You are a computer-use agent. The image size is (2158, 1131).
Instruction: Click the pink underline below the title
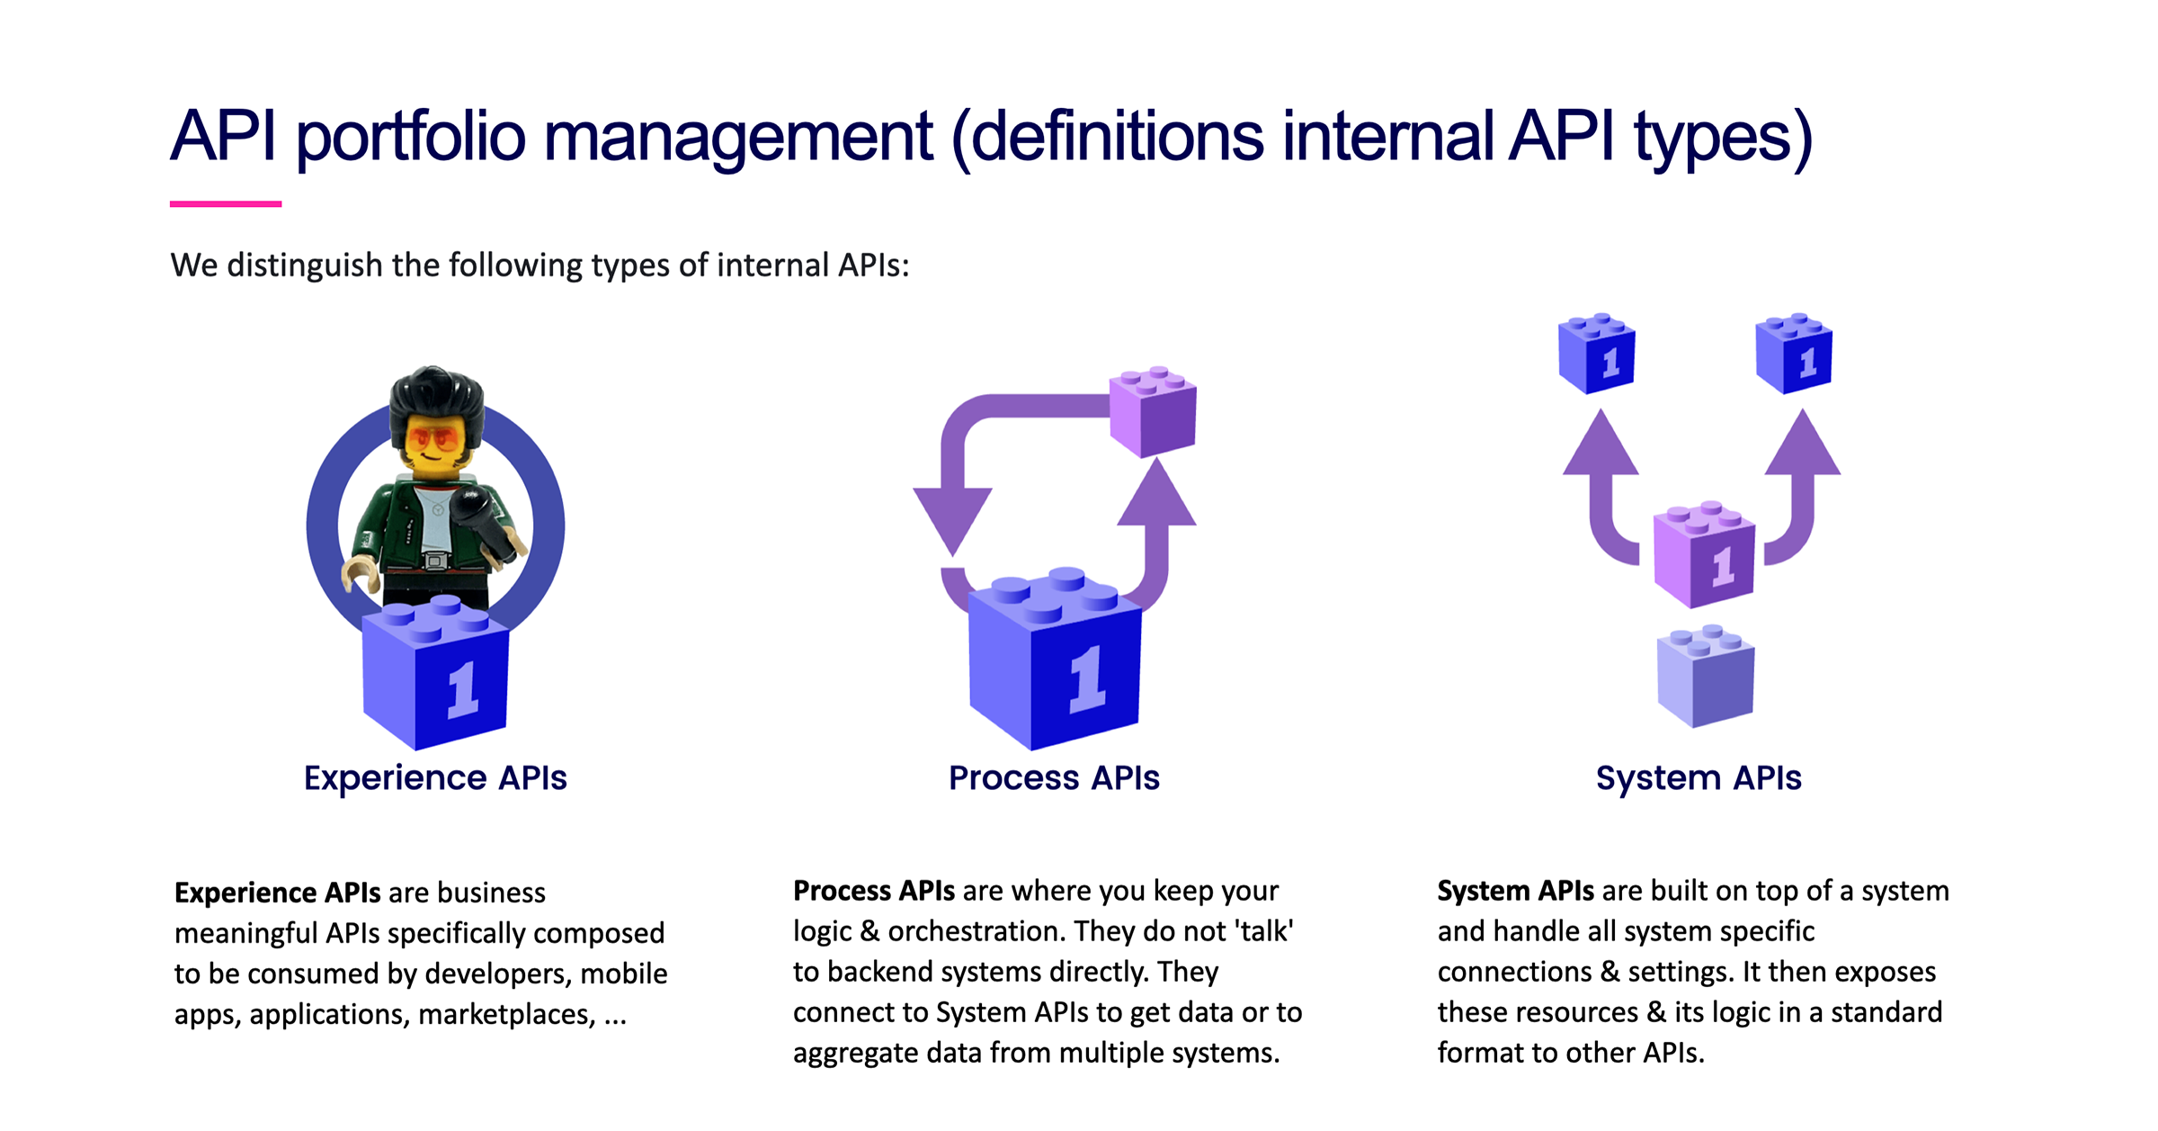[x=226, y=204]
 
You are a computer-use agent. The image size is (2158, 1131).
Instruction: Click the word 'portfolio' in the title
[x=410, y=138]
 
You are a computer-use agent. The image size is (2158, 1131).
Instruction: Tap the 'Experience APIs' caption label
[x=435, y=778]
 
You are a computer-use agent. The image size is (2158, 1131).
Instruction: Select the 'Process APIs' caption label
[x=1054, y=778]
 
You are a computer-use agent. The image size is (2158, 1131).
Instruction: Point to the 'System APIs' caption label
[x=1699, y=778]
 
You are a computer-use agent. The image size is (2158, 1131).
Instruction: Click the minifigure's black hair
[x=436, y=396]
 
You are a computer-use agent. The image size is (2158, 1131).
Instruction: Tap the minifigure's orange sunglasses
[x=432, y=440]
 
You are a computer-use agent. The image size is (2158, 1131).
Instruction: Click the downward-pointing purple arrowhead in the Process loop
[x=952, y=518]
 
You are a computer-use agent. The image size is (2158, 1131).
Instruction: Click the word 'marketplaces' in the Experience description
[x=506, y=1015]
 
